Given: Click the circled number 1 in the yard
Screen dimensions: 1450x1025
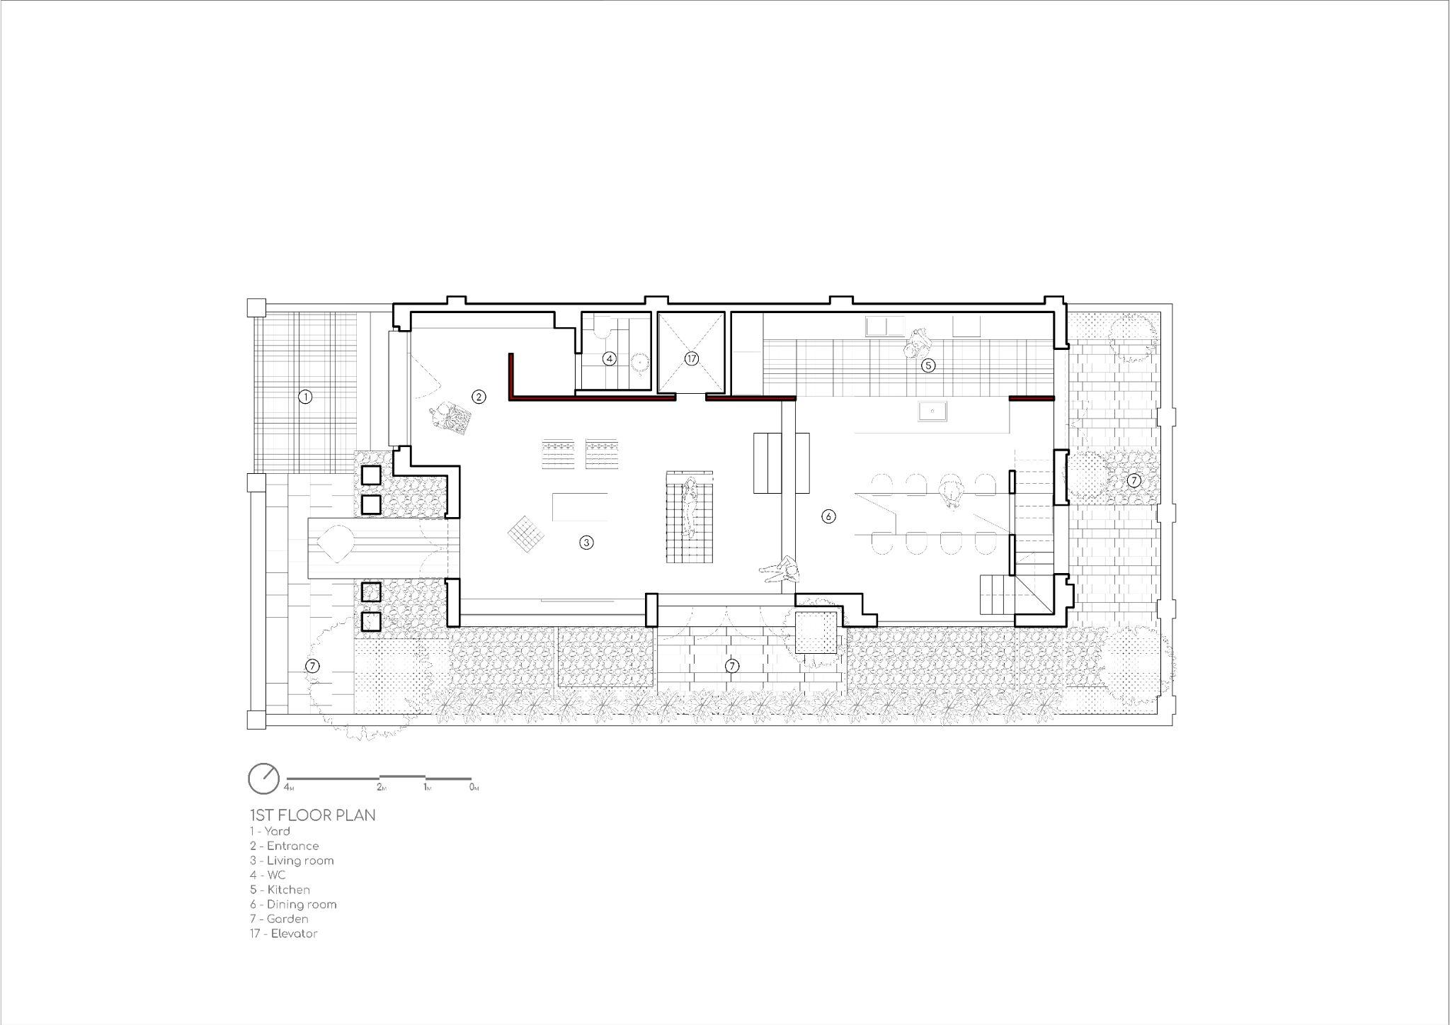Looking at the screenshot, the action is click(x=305, y=397).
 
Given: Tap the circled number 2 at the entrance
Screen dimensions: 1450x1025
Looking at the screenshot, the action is click(x=479, y=397).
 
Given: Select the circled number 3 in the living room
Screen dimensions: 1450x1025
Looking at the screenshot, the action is click(x=586, y=543).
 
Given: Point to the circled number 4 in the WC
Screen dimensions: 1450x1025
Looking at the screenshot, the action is click(x=609, y=359).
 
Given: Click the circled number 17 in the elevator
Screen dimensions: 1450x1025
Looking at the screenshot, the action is click(x=692, y=359).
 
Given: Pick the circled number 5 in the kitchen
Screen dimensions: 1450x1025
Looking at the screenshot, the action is click(x=927, y=366).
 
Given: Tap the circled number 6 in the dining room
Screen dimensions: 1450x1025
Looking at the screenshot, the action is click(x=828, y=516).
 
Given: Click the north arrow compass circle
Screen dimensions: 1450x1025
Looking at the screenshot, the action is click(x=264, y=778).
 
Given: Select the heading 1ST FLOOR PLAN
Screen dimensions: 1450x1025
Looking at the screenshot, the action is click(x=312, y=815).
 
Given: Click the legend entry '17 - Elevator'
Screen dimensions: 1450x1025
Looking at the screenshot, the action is click(x=283, y=934).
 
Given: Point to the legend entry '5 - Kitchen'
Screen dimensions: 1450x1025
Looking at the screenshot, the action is click(x=280, y=890).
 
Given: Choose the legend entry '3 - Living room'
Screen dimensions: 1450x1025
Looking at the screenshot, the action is click(x=292, y=861).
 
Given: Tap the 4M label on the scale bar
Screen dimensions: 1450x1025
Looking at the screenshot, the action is click(x=289, y=788).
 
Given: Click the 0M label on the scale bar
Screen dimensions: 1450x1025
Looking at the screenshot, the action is click(x=474, y=788).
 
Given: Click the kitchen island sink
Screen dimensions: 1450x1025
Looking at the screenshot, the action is click(x=932, y=411).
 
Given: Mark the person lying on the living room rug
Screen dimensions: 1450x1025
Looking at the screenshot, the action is click(x=688, y=507).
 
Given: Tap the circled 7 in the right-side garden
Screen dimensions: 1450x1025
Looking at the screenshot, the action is click(x=1134, y=480).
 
